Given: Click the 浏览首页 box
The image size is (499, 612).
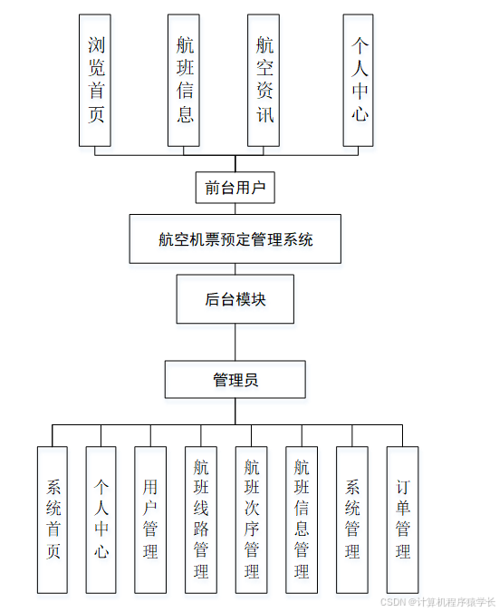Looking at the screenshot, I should [95, 80].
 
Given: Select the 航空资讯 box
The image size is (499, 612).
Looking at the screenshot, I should [264, 80].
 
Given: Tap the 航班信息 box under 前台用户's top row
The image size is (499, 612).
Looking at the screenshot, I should [185, 80].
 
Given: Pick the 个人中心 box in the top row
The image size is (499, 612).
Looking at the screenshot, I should [360, 80].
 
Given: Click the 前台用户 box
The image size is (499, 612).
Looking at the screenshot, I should [235, 188].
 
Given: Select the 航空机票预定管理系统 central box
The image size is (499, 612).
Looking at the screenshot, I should [235, 239].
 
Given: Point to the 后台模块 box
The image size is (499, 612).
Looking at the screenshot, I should [235, 299].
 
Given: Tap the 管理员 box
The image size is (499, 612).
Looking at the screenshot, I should [235, 379].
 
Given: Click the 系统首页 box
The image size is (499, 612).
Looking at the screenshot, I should [53, 520].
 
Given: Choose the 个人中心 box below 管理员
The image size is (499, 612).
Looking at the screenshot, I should [101, 520].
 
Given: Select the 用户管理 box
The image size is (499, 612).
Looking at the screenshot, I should [150, 520].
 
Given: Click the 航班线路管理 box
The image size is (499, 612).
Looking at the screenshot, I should [201, 520].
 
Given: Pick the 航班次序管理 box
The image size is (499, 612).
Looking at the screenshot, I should [251, 520].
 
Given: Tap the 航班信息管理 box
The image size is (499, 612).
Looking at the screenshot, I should [302, 520].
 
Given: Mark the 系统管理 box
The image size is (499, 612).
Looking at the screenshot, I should [351, 520].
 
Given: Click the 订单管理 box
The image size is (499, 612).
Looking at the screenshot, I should [402, 520].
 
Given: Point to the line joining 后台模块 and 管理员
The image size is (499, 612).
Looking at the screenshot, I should [235, 342].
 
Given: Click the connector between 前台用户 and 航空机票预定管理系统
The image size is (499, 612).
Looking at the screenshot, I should [235, 209].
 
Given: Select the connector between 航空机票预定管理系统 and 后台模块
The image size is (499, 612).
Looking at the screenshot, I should [235, 269].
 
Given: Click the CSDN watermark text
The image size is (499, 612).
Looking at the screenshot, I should [437, 602].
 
